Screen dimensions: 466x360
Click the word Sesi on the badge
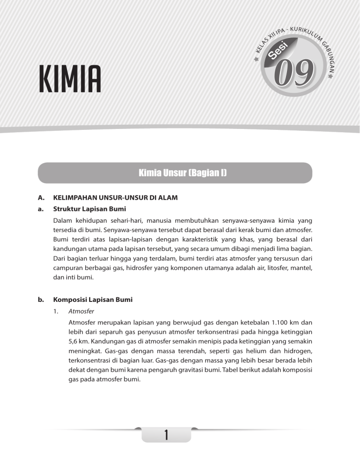coord(279,48)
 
